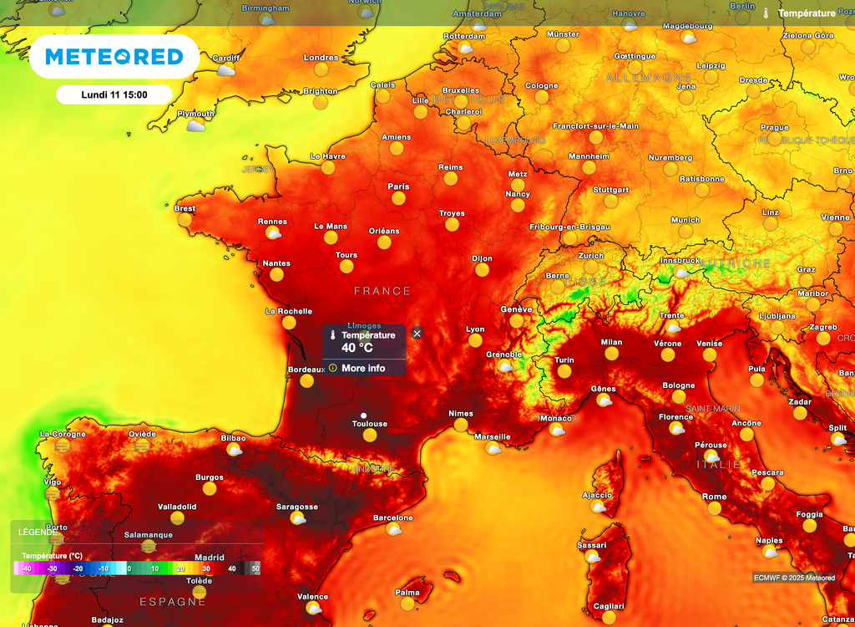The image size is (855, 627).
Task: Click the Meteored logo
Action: (114, 57)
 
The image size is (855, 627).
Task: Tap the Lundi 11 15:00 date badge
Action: (114, 94)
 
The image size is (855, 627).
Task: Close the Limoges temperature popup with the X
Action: (417, 334)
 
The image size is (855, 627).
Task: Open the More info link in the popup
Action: (363, 368)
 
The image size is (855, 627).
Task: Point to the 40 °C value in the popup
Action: (357, 348)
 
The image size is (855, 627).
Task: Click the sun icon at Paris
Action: (399, 199)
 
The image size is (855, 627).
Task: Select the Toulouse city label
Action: (369, 424)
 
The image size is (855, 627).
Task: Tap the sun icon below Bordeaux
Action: (307, 381)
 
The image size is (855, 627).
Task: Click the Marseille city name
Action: (492, 436)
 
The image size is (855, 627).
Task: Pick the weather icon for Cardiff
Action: (225, 70)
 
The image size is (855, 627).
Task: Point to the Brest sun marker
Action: (185, 221)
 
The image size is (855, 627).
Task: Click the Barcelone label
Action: (392, 517)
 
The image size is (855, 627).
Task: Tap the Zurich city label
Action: (590, 255)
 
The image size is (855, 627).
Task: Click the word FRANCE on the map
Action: (382, 291)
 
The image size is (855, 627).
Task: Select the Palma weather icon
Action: (407, 604)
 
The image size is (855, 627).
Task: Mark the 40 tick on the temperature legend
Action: (232, 568)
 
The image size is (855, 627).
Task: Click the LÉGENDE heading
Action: (38, 532)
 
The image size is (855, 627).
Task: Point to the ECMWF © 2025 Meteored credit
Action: (794, 578)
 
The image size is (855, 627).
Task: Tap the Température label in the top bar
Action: (807, 13)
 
